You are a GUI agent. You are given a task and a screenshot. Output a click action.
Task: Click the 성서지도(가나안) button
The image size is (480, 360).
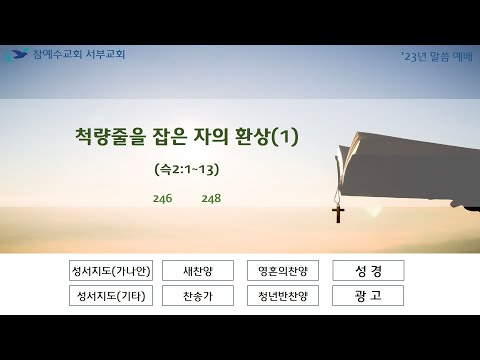click(111, 270)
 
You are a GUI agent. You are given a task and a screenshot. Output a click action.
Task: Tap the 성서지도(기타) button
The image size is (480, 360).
click(111, 295)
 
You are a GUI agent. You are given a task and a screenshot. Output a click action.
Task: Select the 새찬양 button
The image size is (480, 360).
click(198, 270)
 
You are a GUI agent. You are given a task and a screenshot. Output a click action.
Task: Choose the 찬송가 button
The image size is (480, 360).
click(198, 295)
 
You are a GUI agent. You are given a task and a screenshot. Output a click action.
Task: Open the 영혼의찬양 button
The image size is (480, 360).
click(283, 270)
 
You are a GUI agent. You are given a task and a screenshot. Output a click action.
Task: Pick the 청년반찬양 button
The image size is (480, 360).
click(283, 295)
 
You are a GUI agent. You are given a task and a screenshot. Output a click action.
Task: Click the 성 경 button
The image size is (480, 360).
click(368, 270)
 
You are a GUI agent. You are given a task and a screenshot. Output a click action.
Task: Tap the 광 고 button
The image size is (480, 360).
click(368, 295)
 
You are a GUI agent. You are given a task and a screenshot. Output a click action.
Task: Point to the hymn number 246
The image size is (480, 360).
click(163, 198)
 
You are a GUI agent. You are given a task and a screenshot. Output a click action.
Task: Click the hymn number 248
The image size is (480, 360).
click(211, 198)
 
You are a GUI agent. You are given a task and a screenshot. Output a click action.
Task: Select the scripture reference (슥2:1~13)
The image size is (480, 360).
click(187, 170)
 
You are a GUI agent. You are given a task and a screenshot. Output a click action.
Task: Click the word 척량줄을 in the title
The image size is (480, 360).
click(110, 136)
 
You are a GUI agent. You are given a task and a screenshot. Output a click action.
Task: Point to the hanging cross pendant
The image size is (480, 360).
click(338, 214)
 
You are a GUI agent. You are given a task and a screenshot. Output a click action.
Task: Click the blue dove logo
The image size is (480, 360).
click(17, 55)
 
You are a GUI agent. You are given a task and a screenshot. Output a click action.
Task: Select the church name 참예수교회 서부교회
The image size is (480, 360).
click(79, 54)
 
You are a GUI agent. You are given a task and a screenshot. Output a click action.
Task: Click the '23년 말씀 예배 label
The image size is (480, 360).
click(437, 57)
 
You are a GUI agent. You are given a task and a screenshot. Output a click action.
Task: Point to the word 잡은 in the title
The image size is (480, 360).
click(169, 136)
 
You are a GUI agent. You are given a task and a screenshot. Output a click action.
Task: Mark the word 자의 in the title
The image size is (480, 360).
click(211, 136)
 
